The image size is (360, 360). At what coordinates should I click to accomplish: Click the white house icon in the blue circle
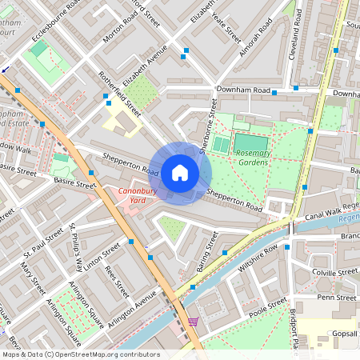click(180, 172)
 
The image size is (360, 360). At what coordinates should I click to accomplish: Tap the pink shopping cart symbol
click(193, 322)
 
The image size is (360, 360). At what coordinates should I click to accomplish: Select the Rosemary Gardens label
click(253, 157)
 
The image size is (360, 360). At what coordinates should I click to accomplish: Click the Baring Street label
click(207, 250)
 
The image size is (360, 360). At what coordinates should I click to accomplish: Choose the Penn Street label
click(336, 297)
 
